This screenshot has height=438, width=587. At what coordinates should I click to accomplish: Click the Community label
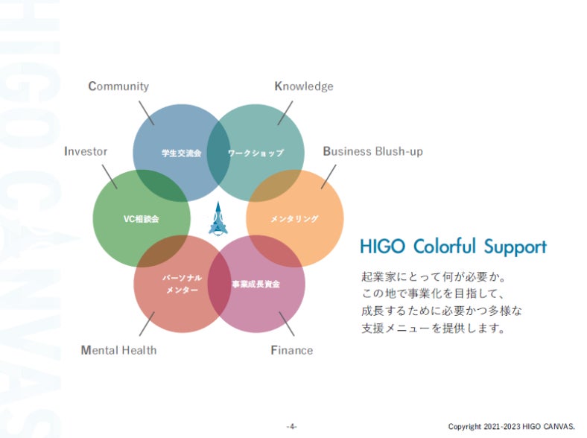pos(118,86)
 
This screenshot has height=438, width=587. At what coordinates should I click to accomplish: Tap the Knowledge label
pos(304,86)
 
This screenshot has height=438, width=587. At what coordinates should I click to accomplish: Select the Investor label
pos(86,151)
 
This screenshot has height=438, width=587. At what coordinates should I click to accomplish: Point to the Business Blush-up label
pos(372,151)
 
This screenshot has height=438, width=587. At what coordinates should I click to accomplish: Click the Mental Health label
pos(118,349)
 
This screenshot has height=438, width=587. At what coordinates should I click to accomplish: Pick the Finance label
pos(291,349)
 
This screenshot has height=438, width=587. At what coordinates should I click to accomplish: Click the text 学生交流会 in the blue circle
pos(182,153)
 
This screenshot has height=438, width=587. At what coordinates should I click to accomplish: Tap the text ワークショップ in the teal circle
pos(256,153)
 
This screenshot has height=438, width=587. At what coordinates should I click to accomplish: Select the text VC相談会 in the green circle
pos(141,219)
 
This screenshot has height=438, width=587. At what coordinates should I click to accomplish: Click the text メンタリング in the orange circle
pos(294,219)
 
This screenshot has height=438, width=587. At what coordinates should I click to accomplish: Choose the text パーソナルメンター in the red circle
pos(183,284)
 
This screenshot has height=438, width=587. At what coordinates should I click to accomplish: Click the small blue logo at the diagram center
pos(218,218)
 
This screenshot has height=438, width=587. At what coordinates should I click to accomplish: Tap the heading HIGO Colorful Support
pos(453,247)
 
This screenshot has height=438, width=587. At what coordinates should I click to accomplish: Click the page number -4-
pos(292,426)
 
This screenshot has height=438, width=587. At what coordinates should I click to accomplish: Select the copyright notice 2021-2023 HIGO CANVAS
pos(511,426)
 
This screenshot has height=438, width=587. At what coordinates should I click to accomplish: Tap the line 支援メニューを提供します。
pos(433,328)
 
